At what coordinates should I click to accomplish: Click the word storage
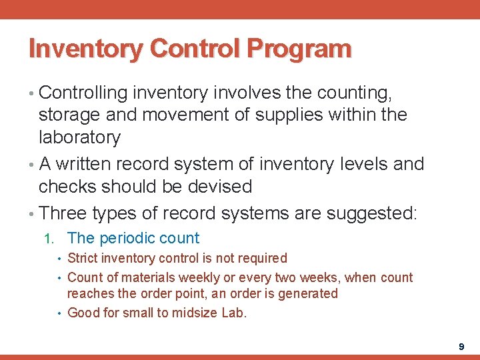point(69,115)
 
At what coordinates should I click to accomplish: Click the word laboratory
point(80,138)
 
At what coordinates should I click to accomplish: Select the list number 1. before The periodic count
point(49,239)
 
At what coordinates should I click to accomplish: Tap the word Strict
point(83,258)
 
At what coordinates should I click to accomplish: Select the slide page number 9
point(461,347)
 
